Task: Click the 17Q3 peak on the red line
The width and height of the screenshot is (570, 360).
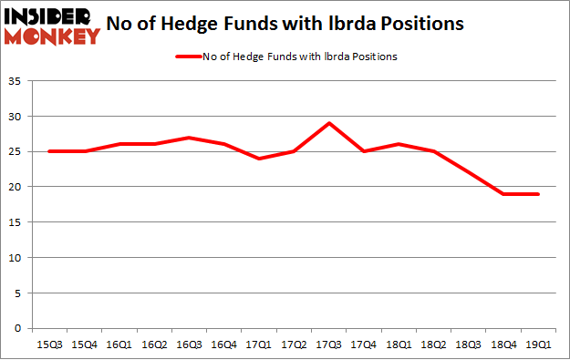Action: [329, 123]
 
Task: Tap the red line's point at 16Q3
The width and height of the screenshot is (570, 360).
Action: [189, 138]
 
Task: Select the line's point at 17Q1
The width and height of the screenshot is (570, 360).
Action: [259, 159]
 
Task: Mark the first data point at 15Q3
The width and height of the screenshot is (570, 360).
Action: [49, 151]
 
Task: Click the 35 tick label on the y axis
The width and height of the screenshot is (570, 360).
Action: [19, 82]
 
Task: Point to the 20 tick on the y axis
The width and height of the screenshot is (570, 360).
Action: [19, 187]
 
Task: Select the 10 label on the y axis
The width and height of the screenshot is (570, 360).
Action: [19, 258]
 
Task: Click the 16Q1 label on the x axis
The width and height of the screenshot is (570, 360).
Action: [119, 345]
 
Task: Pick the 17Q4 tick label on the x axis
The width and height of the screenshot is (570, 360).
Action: [365, 345]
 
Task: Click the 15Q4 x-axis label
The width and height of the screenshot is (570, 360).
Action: [84, 345]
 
